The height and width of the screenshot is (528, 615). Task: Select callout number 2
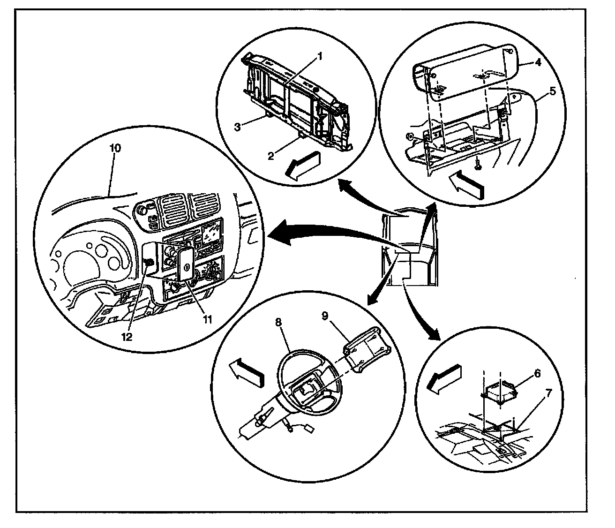tap(270, 156)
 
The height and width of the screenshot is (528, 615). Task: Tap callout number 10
tap(115, 148)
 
